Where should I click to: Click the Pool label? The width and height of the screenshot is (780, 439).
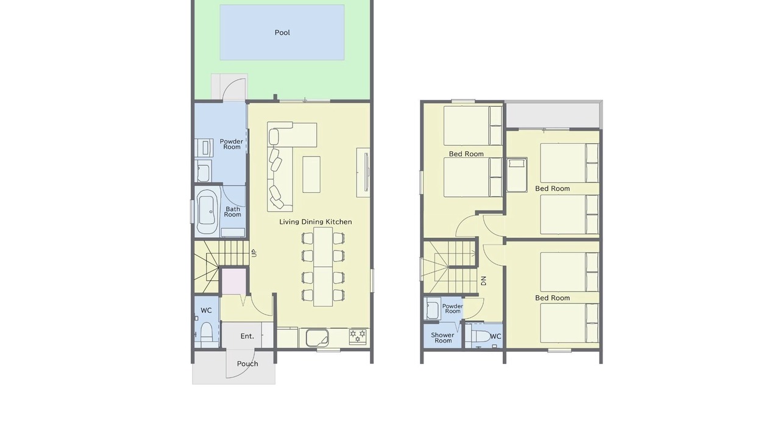click(282, 33)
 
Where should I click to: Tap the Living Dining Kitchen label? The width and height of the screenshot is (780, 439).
click(316, 222)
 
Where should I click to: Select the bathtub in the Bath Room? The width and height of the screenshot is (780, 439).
click(207, 212)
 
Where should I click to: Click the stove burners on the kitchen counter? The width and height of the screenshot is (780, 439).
click(358, 336)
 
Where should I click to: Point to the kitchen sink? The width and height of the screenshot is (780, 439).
click(317, 338)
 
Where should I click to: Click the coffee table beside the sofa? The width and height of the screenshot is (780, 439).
click(311, 174)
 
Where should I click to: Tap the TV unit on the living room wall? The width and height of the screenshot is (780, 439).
click(363, 173)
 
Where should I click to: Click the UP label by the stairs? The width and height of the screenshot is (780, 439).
click(254, 253)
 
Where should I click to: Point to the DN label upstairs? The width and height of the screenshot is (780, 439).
click(483, 281)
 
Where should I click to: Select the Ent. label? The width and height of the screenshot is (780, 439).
click(247, 336)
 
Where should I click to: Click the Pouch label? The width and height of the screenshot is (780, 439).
click(247, 364)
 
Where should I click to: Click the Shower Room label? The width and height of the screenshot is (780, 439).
click(442, 338)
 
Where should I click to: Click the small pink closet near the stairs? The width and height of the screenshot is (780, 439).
click(234, 281)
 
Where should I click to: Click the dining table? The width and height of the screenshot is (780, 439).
click(323, 267)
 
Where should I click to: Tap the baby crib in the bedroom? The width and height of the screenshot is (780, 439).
click(517, 175)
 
